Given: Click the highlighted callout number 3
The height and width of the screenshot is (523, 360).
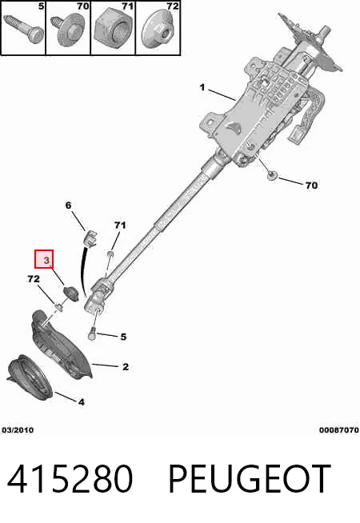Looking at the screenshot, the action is click(46, 260).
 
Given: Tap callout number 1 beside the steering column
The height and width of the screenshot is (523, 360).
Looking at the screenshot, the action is click(202, 87).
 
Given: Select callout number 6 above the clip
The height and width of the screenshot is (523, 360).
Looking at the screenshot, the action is click(68, 206).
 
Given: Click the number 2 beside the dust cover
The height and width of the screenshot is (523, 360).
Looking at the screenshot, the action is click(126, 367).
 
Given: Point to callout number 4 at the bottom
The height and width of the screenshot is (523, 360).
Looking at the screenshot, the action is click(82, 402).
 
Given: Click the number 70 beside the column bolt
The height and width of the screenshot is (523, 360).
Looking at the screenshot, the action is click(312, 185).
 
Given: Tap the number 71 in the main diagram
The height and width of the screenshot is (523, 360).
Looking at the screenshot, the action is click(120, 226).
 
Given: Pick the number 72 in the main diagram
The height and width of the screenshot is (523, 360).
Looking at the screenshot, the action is click(34, 279).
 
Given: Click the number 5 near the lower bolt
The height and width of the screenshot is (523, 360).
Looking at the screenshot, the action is click(123, 337).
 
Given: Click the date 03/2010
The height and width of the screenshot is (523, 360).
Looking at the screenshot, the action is click(18, 430).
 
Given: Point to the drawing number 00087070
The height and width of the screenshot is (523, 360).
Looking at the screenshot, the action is click(339, 430).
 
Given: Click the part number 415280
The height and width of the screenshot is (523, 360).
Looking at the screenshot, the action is click(70, 479).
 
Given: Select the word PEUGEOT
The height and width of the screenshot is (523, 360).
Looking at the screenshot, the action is click(250, 479).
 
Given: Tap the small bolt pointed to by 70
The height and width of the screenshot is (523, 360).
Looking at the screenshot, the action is click(273, 176).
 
